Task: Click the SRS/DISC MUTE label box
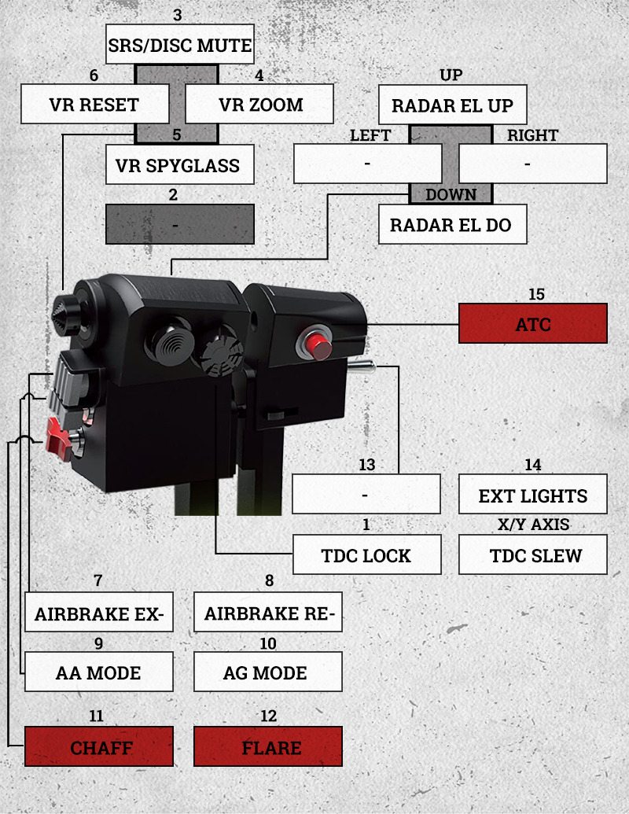[x=180, y=46]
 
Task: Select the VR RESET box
[x=94, y=105]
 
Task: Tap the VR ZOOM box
[x=259, y=105]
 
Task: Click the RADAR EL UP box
[x=452, y=105]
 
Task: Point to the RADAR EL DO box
[x=452, y=225]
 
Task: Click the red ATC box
[x=533, y=323]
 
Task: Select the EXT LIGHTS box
[x=533, y=495]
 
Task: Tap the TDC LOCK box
[x=366, y=554]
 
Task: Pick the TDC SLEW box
[x=533, y=554]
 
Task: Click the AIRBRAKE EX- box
[x=99, y=613]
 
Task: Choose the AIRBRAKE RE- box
[x=268, y=613]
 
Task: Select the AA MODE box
[x=99, y=672]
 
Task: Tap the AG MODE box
[x=268, y=672]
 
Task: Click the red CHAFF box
[x=99, y=746]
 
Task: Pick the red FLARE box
[x=268, y=746]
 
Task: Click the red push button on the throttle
[x=316, y=344]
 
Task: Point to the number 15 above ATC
[x=536, y=295]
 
